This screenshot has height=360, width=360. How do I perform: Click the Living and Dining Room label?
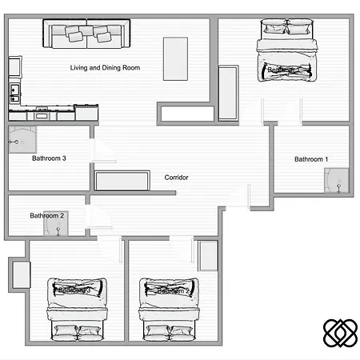[105, 69]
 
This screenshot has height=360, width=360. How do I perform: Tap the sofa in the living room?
[87, 34]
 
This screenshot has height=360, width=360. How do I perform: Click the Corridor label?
[176, 178]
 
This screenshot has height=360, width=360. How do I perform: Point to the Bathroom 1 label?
[311, 160]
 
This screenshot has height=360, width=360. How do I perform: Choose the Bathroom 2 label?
[46, 216]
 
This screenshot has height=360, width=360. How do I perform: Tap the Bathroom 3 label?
[49, 158]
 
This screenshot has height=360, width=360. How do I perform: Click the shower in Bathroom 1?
[339, 182]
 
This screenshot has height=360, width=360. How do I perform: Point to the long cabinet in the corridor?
[122, 180]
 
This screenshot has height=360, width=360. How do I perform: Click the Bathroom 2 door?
[98, 216]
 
